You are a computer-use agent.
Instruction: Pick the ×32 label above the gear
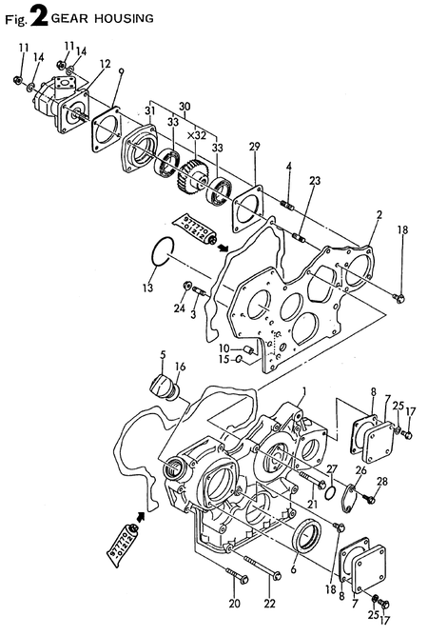[x=197, y=136]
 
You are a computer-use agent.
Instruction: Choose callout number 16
[x=180, y=367]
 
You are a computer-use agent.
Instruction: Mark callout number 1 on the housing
[x=304, y=392]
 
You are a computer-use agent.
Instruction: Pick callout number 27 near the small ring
[x=332, y=469]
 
